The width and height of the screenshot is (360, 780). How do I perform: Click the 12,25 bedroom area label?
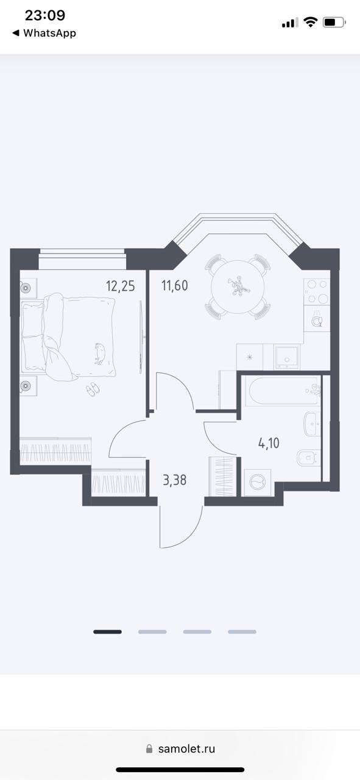120,286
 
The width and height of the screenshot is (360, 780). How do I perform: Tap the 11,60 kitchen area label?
174,286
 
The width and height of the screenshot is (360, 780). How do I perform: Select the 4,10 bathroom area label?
269,443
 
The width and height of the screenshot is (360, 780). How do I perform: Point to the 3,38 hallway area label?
174,480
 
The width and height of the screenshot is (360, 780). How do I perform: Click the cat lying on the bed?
100,353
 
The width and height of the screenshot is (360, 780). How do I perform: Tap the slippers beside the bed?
93,389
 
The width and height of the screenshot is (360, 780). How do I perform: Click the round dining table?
238,286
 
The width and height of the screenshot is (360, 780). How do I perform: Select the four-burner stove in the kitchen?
317,291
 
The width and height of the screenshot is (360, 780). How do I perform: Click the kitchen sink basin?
286,357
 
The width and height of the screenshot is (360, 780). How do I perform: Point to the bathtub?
283,391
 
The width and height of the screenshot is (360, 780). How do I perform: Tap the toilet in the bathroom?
308,458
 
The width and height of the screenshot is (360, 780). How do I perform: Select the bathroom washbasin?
312,424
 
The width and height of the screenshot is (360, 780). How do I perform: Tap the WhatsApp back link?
44,33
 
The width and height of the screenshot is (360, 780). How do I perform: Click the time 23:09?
45,15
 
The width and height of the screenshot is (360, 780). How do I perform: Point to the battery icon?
334,23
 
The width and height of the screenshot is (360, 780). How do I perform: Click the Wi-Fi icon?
310,23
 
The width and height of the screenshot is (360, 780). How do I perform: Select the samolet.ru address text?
186,749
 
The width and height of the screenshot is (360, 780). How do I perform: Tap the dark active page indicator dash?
108,632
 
